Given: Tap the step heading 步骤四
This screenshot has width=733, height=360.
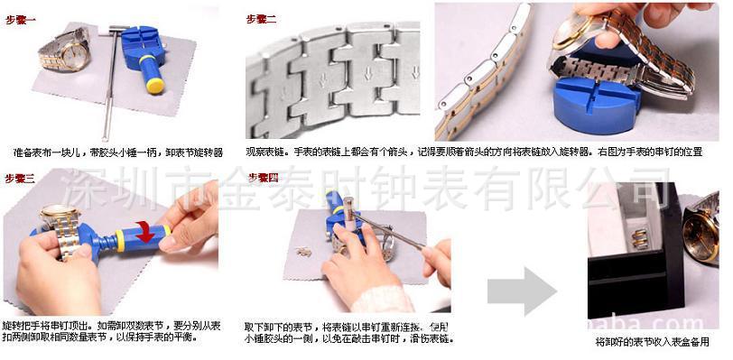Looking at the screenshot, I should click(x=262, y=177).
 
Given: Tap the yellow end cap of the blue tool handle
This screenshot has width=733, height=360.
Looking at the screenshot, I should click(x=154, y=87).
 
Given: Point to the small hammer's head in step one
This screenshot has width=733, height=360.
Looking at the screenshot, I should click(x=116, y=36).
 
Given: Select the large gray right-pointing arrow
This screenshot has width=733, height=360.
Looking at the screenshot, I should click(x=522, y=291).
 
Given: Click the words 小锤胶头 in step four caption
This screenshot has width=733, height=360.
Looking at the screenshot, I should click(x=265, y=339).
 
